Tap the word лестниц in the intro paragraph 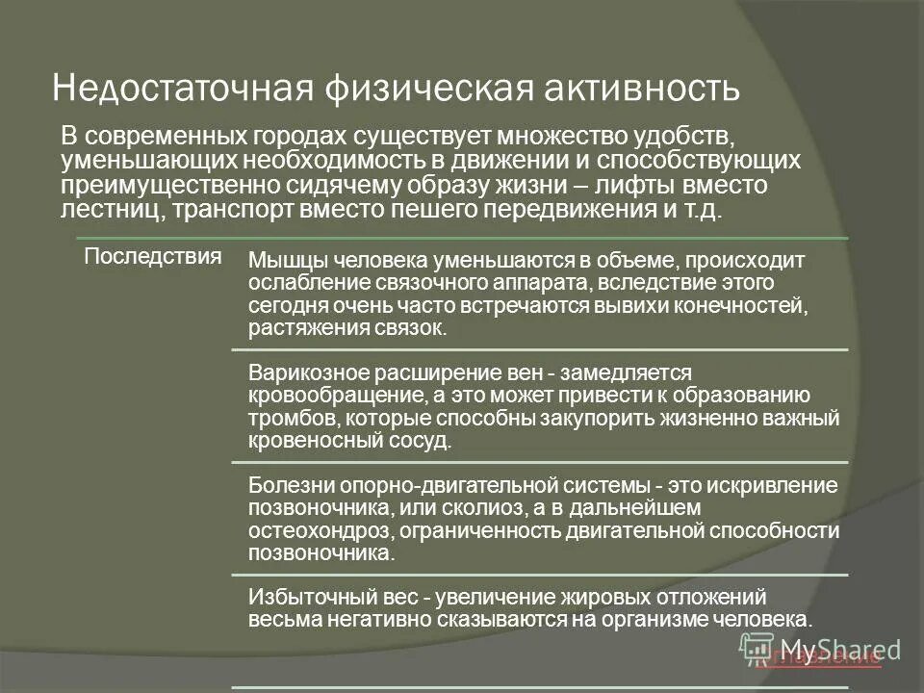click(105, 209)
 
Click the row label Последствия click(153, 256)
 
